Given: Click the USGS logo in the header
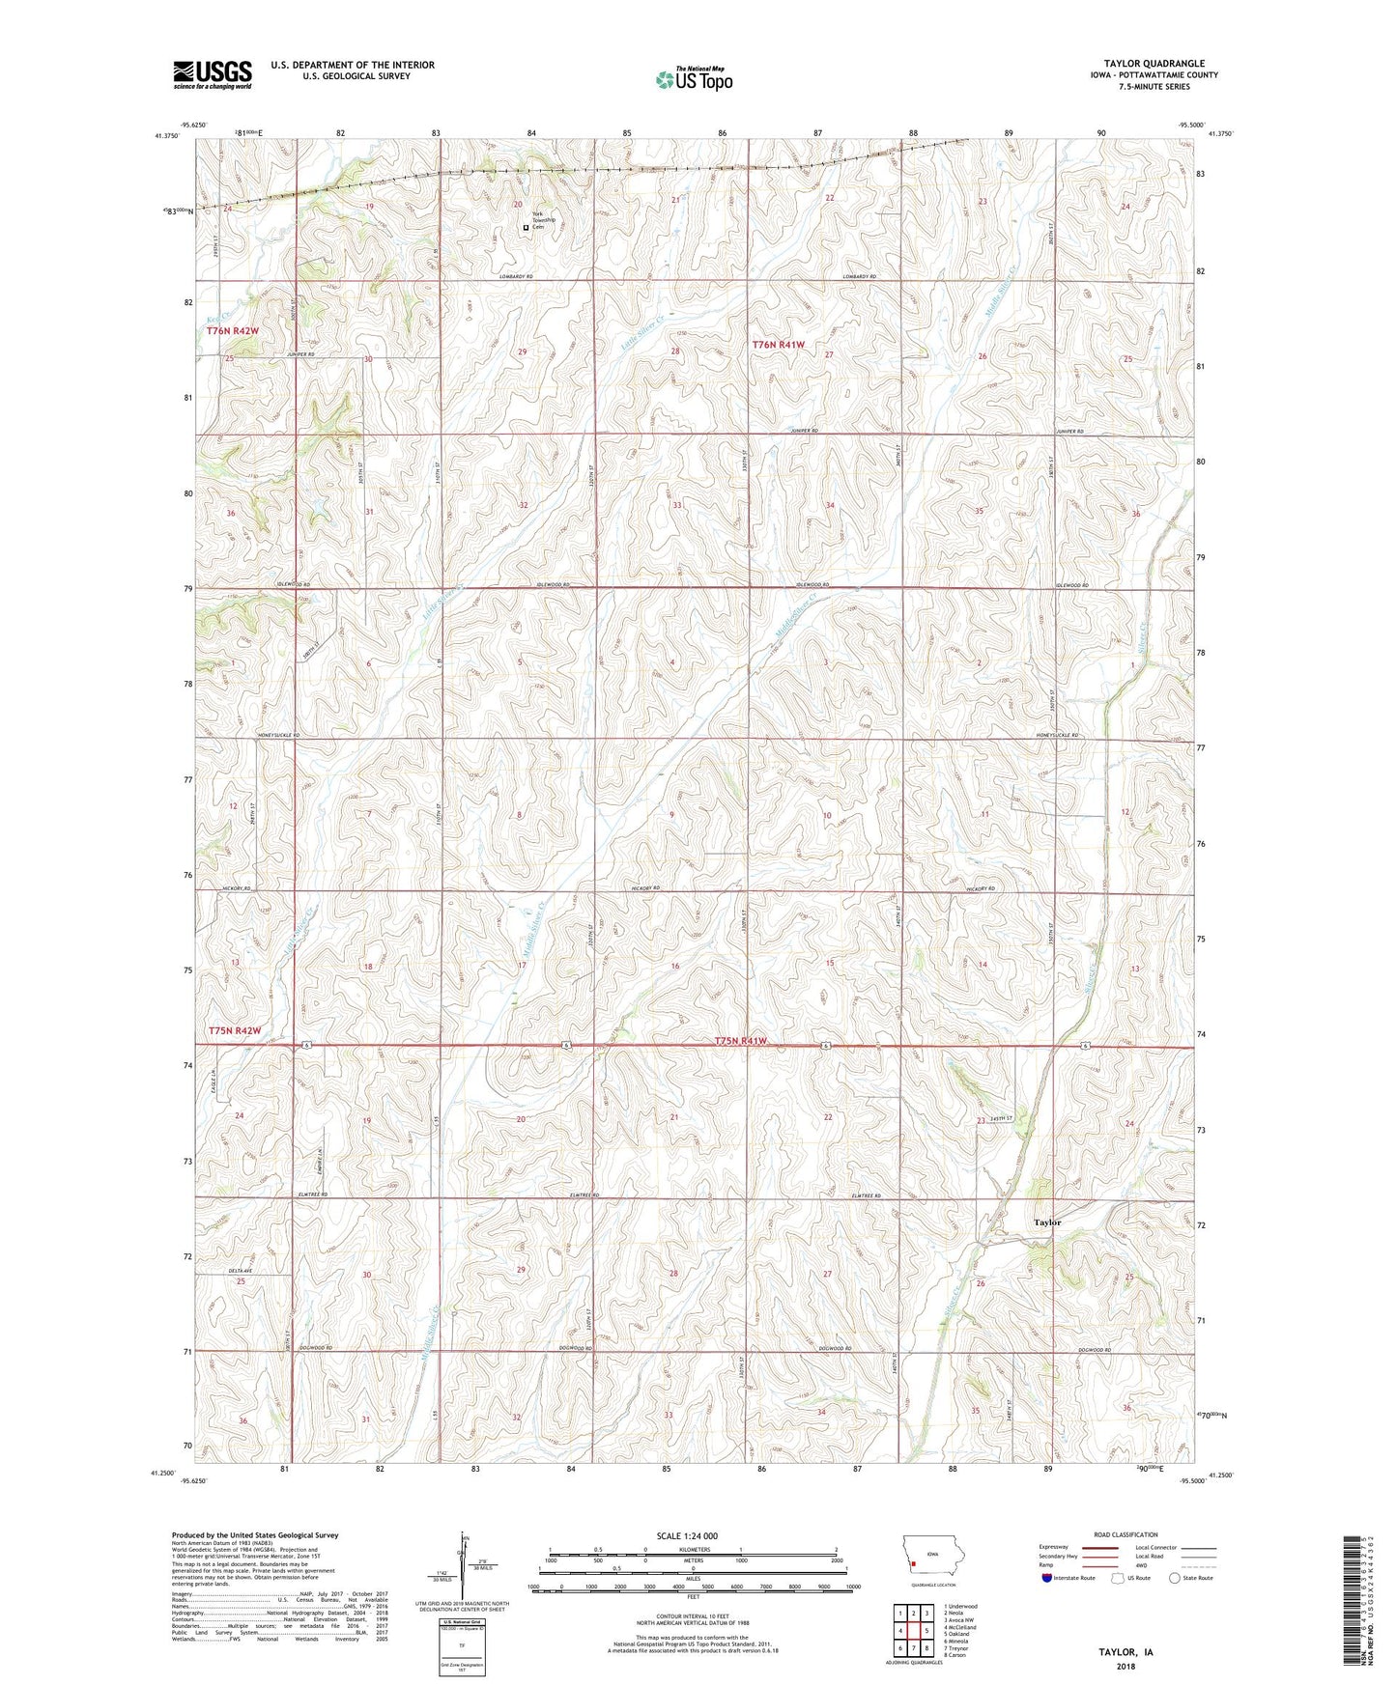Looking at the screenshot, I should pos(213,74).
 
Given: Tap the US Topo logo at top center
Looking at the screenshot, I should pos(693,79).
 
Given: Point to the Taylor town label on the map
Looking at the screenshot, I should pos(1047,1222).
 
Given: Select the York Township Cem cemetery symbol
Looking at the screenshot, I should pos(526,228).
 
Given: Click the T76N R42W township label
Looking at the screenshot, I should pos(233,331).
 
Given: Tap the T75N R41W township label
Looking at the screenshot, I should pos(741,1041).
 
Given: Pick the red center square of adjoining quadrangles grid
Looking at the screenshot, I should pos(913,1631).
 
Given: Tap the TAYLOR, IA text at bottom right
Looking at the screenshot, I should pos(1125,1652).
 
